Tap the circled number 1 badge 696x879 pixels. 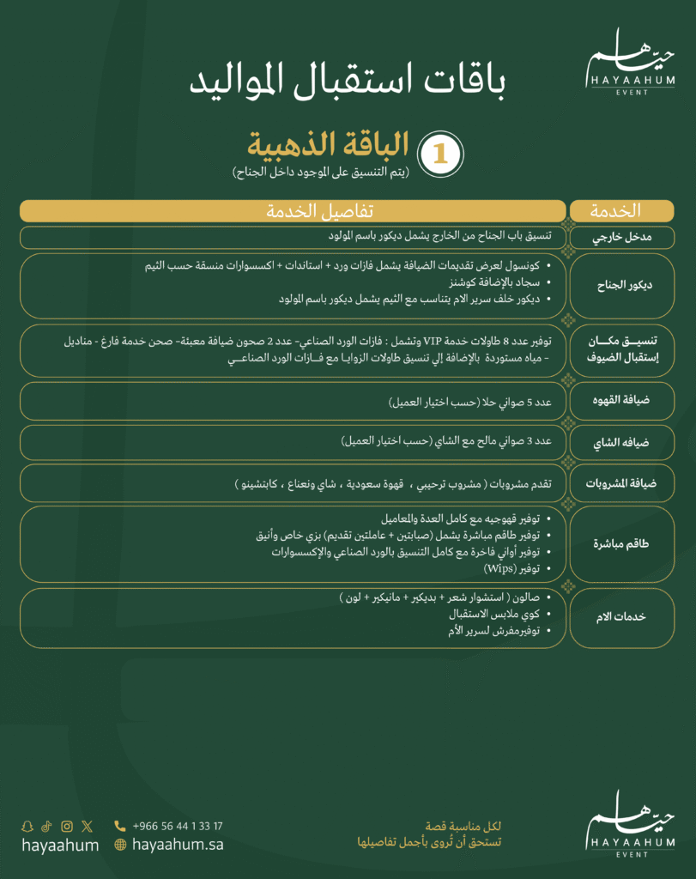click(439, 152)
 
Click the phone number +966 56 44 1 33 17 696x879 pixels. click(178, 826)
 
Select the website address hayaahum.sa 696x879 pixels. click(179, 845)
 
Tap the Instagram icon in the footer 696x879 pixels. click(67, 827)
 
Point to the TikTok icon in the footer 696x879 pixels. click(47, 827)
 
